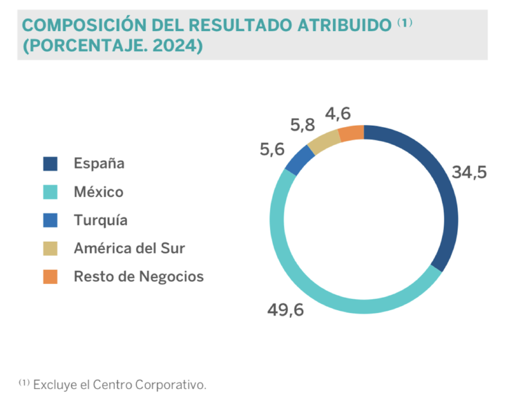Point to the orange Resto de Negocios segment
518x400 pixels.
(x=352, y=133)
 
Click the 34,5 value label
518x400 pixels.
(x=470, y=171)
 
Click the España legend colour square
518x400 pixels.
(x=50, y=164)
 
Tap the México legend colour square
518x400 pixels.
(x=50, y=192)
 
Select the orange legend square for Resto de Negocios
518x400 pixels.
(x=50, y=276)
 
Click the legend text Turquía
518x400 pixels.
(x=101, y=220)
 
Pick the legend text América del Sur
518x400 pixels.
(x=129, y=248)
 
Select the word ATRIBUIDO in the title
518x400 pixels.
(x=344, y=26)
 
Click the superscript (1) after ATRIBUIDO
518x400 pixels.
(x=405, y=23)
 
